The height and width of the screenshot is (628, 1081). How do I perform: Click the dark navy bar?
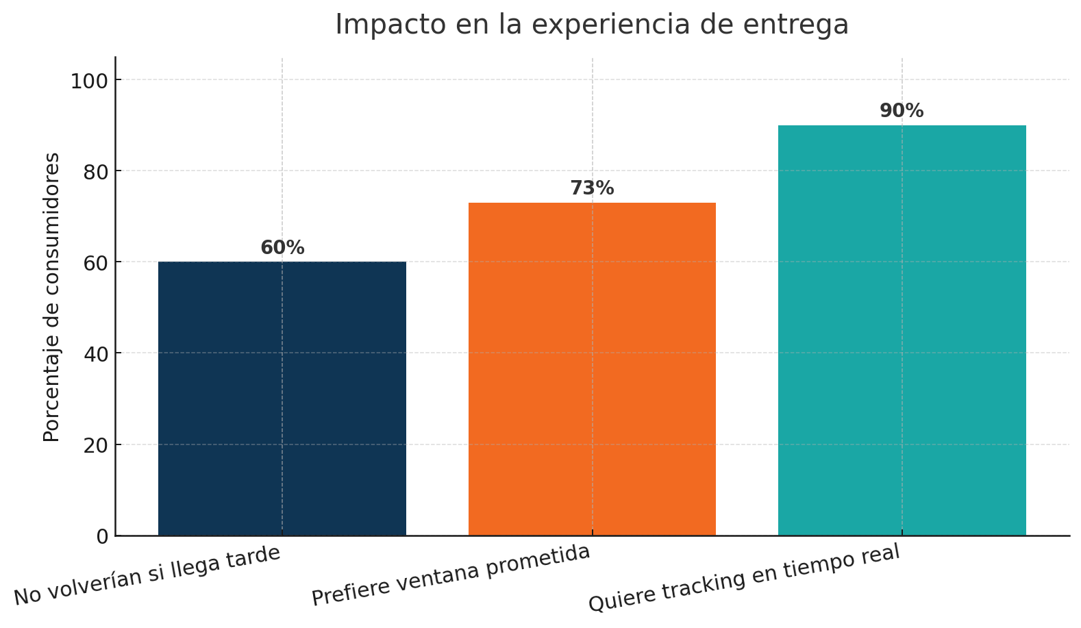[282, 398]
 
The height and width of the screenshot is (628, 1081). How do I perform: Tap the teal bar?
[902, 330]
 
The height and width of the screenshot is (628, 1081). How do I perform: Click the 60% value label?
[282, 248]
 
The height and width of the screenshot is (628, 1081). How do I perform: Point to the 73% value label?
[592, 188]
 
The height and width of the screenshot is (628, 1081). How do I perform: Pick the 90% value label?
[902, 111]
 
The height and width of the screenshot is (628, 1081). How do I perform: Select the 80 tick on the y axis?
[95, 172]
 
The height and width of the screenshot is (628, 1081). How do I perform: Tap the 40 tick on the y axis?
[95, 354]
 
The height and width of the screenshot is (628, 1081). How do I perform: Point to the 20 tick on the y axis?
[95, 445]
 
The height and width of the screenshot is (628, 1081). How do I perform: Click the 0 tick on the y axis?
[102, 536]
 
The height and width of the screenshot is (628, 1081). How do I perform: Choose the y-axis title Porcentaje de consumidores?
[52, 297]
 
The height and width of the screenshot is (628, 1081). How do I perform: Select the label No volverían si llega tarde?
[147, 575]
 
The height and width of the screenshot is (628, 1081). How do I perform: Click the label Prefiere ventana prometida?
[451, 575]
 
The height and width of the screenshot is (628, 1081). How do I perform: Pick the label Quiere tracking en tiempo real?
[744, 579]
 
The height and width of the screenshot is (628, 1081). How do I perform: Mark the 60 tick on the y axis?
[95, 263]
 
